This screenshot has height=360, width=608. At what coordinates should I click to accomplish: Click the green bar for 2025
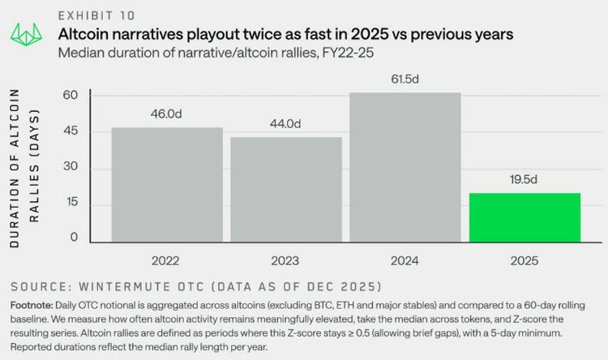click(525, 217)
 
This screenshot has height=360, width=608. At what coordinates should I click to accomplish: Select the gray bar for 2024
click(405, 168)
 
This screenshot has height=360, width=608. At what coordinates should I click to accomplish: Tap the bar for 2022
click(167, 185)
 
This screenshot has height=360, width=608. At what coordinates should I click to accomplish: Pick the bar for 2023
click(286, 190)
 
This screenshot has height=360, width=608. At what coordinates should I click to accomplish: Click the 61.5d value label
click(405, 79)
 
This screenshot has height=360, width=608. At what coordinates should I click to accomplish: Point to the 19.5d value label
click(524, 180)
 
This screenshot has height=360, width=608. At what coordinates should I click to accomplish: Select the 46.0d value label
click(166, 114)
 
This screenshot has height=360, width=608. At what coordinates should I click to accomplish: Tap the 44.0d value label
click(285, 124)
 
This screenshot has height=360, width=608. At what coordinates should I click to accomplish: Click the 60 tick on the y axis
click(71, 95)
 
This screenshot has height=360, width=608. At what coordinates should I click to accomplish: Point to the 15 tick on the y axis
click(71, 202)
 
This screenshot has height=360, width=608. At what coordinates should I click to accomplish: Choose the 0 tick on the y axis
click(74, 237)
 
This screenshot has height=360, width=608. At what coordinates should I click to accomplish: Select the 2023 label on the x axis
click(285, 261)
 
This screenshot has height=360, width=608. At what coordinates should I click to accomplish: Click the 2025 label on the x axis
click(525, 261)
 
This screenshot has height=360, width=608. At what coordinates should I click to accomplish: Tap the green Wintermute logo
click(27, 35)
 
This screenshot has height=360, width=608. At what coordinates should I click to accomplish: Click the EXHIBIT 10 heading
click(96, 15)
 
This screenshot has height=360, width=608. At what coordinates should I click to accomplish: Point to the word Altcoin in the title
click(83, 34)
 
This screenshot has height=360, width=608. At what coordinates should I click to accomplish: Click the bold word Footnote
click(32, 306)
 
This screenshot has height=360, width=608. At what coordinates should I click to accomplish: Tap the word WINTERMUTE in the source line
click(125, 287)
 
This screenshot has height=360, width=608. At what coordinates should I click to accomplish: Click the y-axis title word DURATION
click(15, 213)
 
